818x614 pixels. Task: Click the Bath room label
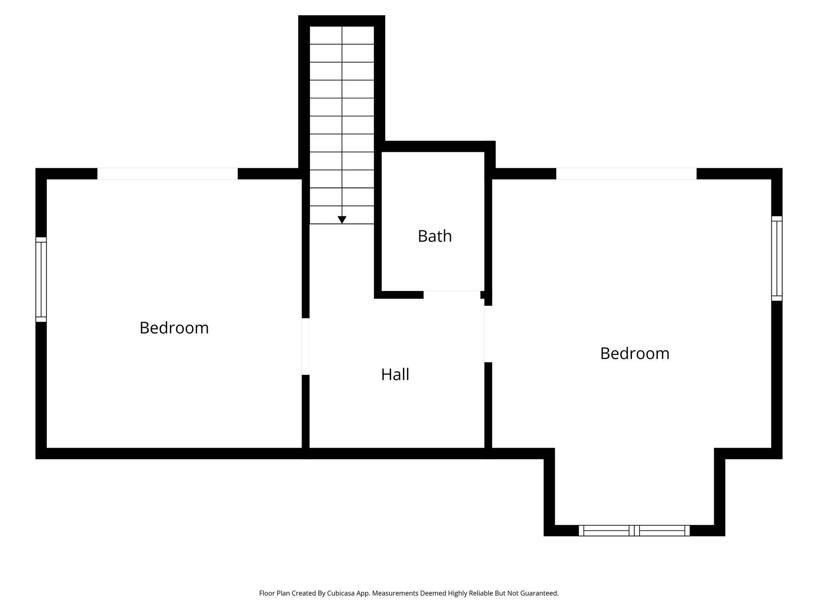[x=435, y=236]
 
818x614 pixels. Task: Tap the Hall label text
[x=395, y=375]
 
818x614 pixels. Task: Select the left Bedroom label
[x=174, y=328]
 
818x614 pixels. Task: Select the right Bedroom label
[x=635, y=353]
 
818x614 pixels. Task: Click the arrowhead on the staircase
[x=342, y=220]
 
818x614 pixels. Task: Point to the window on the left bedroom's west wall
[x=41, y=279]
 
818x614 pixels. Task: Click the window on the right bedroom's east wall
[x=776, y=258]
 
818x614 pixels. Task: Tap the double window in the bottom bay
[x=634, y=530]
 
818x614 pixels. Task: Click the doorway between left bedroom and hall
[x=306, y=346]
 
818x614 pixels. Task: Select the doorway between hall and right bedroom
[x=488, y=334]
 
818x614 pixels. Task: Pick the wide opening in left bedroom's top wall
[x=167, y=173]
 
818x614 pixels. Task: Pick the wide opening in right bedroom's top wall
[x=626, y=173]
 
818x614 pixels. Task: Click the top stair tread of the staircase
[x=342, y=35]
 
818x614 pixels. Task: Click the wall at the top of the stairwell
[x=341, y=21]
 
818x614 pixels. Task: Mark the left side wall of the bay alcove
[x=549, y=492]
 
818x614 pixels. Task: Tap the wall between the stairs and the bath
[x=378, y=224]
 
